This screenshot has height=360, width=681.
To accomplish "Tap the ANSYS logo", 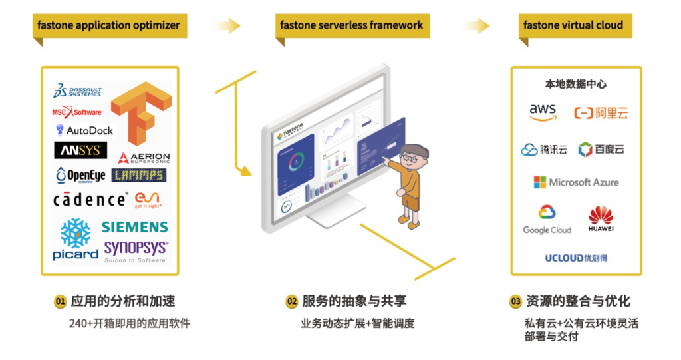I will tap(80, 150).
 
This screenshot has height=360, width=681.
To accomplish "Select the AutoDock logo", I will tap(84, 130).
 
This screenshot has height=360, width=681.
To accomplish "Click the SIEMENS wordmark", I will tap(135, 227).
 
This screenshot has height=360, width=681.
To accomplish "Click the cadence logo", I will tap(90, 199).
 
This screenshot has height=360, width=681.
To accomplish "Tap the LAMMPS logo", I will tap(140, 175).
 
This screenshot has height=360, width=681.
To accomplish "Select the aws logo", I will tap(543, 113).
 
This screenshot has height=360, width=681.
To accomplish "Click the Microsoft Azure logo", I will tap(576, 182).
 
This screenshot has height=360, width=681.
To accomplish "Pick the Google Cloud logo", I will tap(547, 220).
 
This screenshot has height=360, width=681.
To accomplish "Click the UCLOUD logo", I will tap(576, 258).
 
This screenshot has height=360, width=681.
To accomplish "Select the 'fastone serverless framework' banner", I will tap(351, 26).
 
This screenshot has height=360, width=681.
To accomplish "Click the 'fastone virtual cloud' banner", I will tap(573, 26).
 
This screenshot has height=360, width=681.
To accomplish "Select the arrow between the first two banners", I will tap(227, 26).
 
